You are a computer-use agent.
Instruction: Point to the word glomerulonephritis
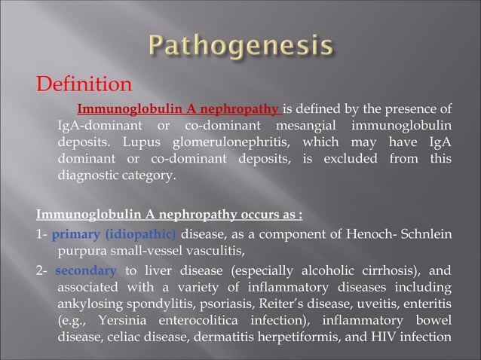pos(224,143)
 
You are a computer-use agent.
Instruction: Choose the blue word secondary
pos(86,270)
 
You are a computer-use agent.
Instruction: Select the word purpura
pos(81,251)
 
